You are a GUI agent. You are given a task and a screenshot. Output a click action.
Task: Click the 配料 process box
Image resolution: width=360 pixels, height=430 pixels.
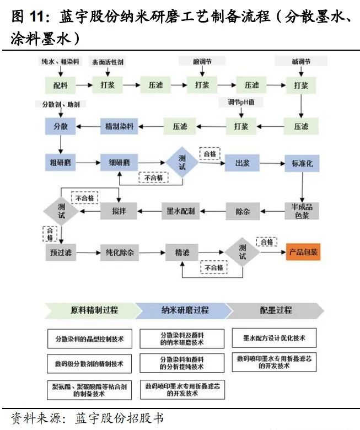(60, 85)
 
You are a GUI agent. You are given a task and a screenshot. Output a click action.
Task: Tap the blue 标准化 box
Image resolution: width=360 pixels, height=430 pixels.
(301, 163)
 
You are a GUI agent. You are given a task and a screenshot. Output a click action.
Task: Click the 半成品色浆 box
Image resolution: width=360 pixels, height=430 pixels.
(302, 210)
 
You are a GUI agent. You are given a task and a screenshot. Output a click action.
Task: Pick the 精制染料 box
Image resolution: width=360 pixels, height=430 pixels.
(119, 126)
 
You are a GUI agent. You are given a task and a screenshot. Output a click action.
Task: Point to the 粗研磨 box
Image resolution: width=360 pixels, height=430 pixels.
(60, 163)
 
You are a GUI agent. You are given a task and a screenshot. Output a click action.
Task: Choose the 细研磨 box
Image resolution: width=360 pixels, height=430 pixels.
(119, 163)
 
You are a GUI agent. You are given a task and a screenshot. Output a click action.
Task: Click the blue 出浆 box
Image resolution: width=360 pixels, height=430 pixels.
(243, 163)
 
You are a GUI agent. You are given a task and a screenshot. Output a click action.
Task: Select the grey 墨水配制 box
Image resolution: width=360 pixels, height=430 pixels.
(181, 210)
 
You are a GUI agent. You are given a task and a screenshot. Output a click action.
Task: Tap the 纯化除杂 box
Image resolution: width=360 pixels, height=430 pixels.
(119, 252)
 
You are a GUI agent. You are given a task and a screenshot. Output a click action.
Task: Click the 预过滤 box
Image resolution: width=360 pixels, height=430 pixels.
(60, 252)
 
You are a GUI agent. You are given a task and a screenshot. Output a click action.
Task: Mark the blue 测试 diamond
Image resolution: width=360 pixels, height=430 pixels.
(182, 162)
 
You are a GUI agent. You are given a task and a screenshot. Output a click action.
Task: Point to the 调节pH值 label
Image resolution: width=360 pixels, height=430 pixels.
(241, 102)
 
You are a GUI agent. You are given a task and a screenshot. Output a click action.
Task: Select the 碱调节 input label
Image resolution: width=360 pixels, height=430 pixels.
(300, 62)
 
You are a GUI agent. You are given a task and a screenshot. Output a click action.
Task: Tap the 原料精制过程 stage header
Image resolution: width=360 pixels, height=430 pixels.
(94, 310)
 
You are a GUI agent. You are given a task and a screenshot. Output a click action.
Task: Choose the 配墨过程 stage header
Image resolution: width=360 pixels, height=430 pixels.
(276, 310)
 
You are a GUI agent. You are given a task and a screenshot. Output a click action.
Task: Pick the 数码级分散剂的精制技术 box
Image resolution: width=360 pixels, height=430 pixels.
(90, 364)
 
